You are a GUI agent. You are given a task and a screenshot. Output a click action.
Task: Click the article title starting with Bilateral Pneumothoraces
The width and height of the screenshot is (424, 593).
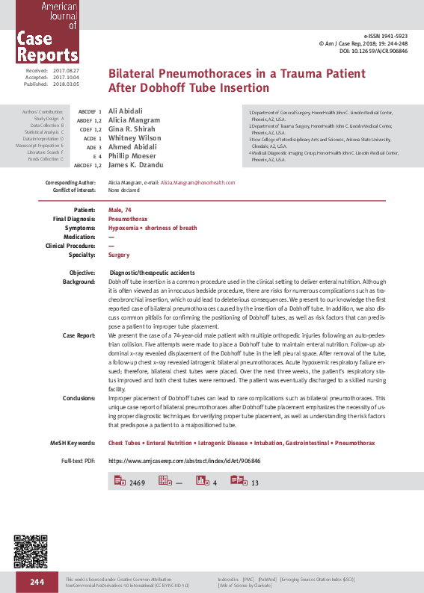coord(237,81)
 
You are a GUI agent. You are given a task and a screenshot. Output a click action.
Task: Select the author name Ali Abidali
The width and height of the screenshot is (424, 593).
coord(125,111)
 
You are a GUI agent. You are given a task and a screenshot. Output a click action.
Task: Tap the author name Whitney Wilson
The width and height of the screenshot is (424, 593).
coord(135,138)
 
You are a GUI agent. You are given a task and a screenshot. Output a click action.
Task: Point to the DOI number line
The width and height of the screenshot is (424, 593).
coord(382,52)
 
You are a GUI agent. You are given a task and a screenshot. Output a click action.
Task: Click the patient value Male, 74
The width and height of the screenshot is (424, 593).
coord(121,210)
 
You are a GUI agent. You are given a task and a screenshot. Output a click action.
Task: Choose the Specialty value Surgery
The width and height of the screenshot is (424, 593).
coord(119,255)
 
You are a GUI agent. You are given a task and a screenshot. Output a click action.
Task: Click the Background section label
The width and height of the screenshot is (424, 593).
coord(79,282)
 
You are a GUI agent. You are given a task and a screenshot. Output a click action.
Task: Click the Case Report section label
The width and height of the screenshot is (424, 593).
coord(79,336)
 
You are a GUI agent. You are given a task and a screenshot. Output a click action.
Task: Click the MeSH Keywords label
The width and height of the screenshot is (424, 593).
coord(72,444)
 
